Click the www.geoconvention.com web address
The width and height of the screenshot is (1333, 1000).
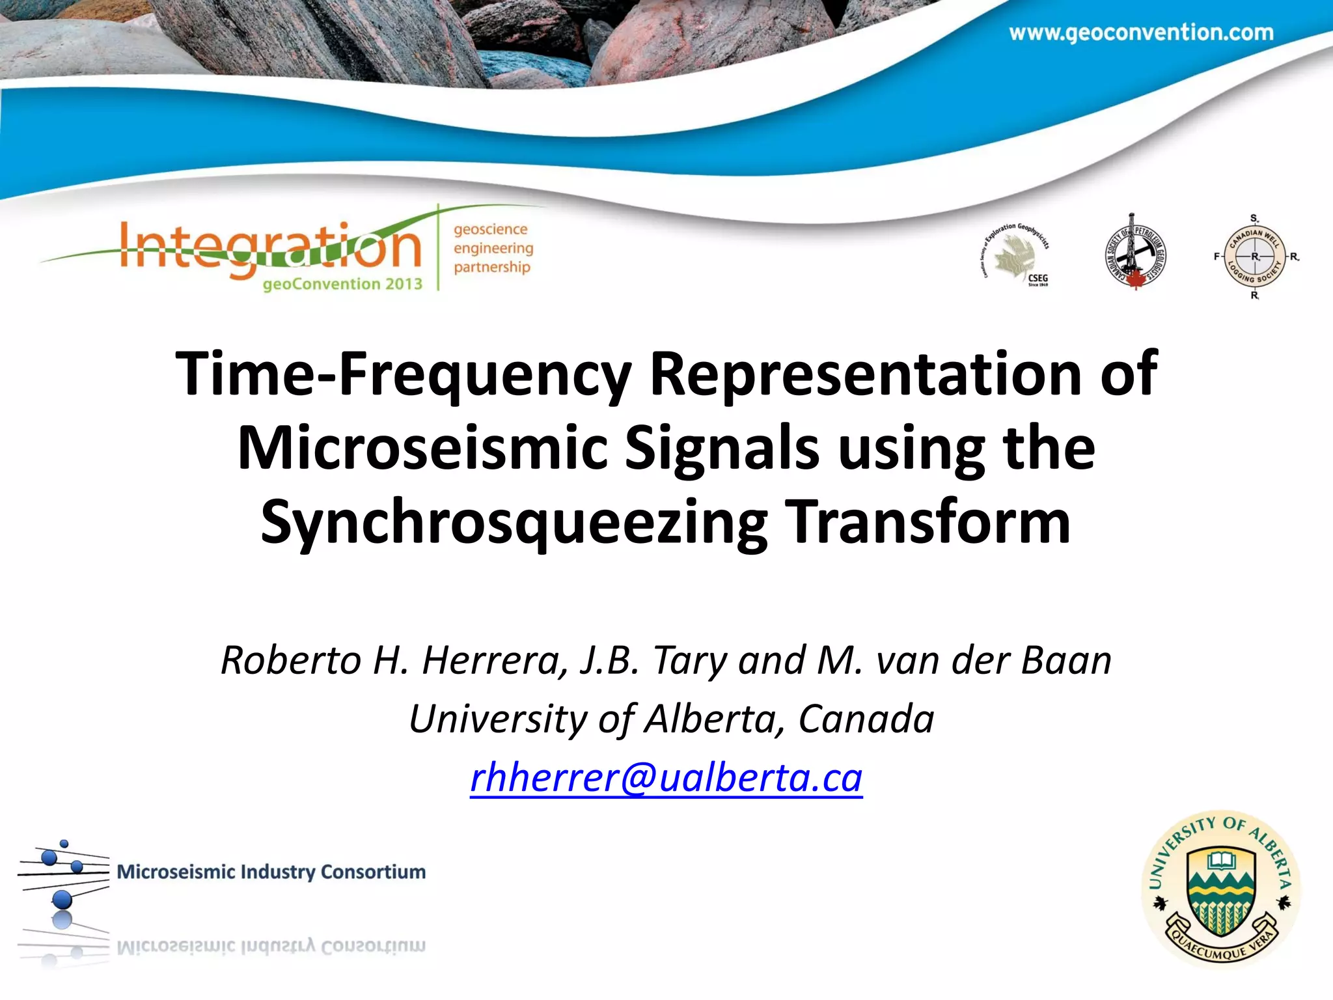click(x=1141, y=33)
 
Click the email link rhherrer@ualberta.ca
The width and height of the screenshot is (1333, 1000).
click(x=666, y=777)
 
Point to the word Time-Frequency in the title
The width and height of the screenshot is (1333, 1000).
click(x=404, y=374)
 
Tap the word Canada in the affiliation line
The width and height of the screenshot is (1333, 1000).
click(x=866, y=719)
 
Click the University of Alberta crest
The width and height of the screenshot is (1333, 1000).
click(x=1221, y=889)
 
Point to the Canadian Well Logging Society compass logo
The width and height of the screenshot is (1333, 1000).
click(x=1254, y=257)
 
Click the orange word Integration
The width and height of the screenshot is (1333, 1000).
click(x=270, y=247)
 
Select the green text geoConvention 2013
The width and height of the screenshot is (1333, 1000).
click(x=342, y=284)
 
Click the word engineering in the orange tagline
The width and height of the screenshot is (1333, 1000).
click(x=493, y=248)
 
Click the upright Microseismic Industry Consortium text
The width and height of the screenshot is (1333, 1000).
click(x=271, y=872)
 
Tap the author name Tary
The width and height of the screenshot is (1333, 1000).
click(x=691, y=660)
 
